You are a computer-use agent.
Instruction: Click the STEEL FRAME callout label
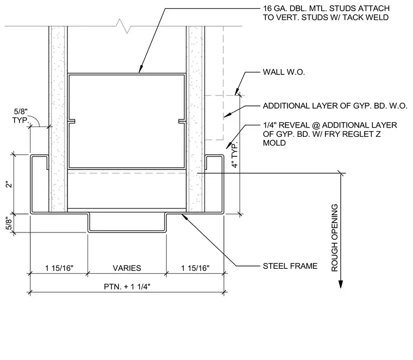(x=290, y=266)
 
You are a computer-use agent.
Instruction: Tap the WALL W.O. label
(x=284, y=72)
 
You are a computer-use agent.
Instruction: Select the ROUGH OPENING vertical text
(x=335, y=238)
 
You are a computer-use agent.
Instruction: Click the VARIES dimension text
(x=127, y=268)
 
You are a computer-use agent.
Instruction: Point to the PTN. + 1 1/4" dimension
(x=127, y=286)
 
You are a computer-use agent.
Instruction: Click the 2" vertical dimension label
(x=9, y=184)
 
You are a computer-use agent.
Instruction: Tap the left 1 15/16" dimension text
(x=59, y=268)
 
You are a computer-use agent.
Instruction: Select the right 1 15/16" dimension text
(x=195, y=268)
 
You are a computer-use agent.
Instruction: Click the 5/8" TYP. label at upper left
(x=20, y=116)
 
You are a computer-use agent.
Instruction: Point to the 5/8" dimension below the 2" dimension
(x=9, y=223)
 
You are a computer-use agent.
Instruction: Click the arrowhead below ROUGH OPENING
(x=341, y=284)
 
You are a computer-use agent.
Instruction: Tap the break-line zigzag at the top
(x=123, y=26)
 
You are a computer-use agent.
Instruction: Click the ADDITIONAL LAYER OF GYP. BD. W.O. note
(x=335, y=106)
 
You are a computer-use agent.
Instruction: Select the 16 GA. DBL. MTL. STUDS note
(x=326, y=13)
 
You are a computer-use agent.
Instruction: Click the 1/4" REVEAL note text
(x=330, y=134)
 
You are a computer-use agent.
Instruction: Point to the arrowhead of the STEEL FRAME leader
(x=184, y=217)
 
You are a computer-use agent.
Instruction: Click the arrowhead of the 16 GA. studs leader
(x=141, y=69)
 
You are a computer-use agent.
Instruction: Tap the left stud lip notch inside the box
(x=72, y=121)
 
